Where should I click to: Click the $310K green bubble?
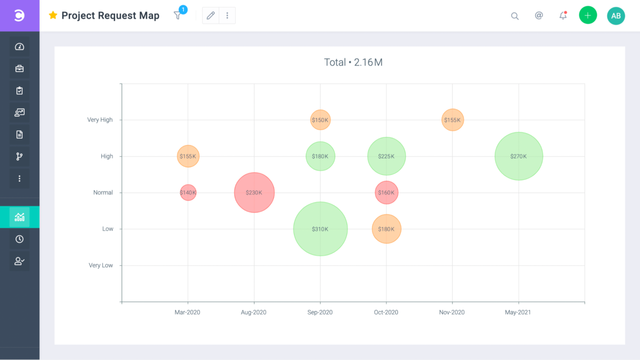click(x=320, y=229)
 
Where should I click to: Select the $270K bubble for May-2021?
click(x=518, y=156)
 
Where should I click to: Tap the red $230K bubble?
click(x=254, y=192)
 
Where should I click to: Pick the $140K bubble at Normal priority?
click(x=188, y=192)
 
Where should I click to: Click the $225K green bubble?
click(x=386, y=156)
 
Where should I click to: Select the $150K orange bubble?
click(x=320, y=120)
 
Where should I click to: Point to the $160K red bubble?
click(x=386, y=192)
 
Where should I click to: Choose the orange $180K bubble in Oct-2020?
click(x=386, y=229)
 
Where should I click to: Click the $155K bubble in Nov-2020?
click(x=453, y=120)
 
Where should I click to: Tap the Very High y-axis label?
click(x=100, y=120)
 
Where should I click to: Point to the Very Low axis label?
click(x=101, y=265)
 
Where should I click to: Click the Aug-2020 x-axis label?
click(x=253, y=312)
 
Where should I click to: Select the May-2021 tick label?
click(x=518, y=312)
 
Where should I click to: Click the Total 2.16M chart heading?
click(x=353, y=62)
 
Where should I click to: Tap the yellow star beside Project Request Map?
click(x=53, y=15)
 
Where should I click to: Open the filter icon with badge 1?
click(x=178, y=16)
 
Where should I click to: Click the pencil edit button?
click(x=211, y=16)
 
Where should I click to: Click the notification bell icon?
click(x=563, y=16)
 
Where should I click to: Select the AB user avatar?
click(x=616, y=16)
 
